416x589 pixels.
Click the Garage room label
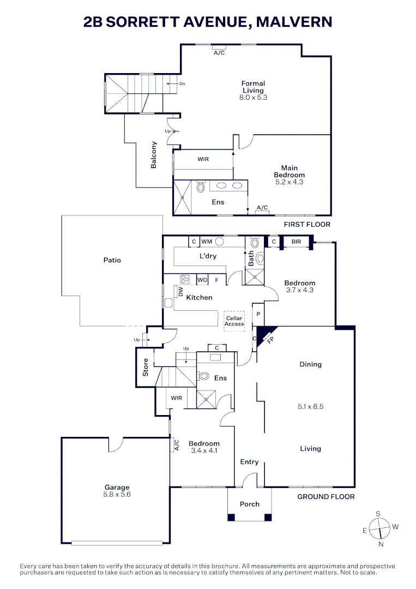coord(117,488)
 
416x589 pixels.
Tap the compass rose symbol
coord(378,528)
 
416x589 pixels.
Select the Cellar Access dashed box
coord(234,321)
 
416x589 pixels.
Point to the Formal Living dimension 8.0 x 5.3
coord(252,98)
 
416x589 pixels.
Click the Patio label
coord(112,260)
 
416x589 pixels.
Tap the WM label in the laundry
coord(207,241)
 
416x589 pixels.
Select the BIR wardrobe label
coord(297,241)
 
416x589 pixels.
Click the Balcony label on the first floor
coord(154,155)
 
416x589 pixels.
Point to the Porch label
coord(250,504)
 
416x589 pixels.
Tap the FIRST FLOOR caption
coord(307,224)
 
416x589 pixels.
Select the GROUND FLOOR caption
coord(325,496)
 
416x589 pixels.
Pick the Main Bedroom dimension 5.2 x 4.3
coord(289,182)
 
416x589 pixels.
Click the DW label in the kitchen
coord(179,292)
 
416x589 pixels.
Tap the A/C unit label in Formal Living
coord(219,53)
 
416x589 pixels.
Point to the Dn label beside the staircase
coord(183,84)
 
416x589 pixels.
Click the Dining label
coord(310,364)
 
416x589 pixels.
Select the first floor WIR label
coord(203,159)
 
